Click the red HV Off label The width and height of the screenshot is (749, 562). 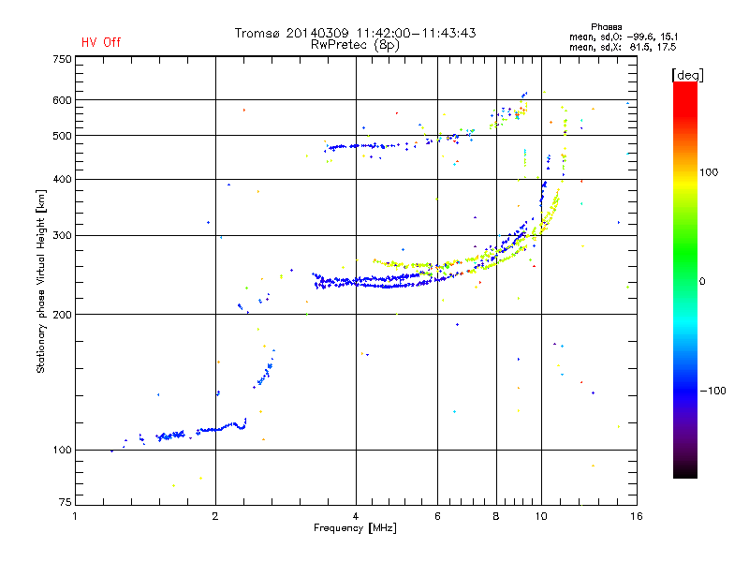(x=101, y=42)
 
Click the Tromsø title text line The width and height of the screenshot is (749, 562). (x=355, y=33)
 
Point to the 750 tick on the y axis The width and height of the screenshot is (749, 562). (x=62, y=59)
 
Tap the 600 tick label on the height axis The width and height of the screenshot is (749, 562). (x=62, y=100)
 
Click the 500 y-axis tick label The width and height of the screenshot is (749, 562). (x=62, y=136)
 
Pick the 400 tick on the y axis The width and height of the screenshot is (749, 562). (x=62, y=179)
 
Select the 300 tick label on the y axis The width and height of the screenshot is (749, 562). (x=62, y=235)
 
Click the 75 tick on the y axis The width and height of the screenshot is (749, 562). (x=65, y=505)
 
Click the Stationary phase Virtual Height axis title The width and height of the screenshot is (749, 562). (x=41, y=281)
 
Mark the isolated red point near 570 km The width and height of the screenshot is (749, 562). (x=243, y=110)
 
